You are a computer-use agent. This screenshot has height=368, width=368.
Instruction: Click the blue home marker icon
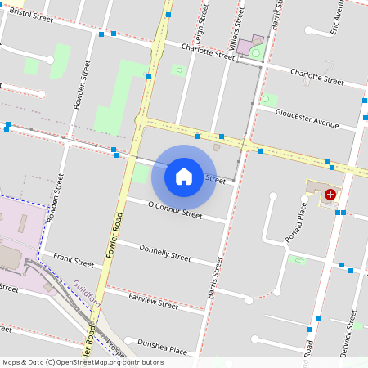coord(184,176)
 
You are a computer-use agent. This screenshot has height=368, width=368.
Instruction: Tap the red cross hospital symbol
coord(330,195)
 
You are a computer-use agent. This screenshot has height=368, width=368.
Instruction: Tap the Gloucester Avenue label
coord(307,119)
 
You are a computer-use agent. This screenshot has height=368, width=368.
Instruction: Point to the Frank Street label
coord(74,260)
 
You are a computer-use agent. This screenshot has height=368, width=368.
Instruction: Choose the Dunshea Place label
coord(163,346)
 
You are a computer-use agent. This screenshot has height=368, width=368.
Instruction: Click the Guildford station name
coord(85,293)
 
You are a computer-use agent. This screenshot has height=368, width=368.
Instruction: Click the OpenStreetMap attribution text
coord(82,362)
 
